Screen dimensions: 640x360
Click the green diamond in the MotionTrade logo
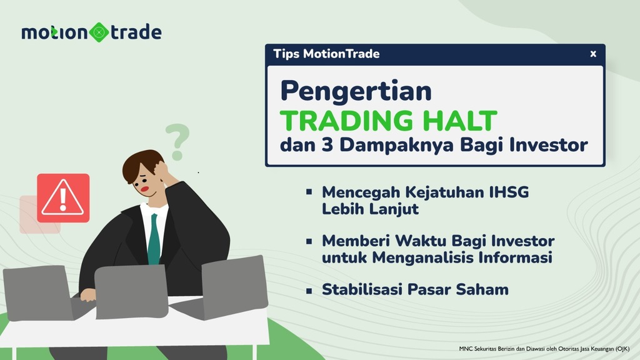99,32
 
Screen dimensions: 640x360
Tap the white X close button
593,54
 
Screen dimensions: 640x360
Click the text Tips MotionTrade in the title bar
326,54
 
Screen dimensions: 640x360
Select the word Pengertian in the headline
356,92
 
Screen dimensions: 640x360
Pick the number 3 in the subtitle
327,144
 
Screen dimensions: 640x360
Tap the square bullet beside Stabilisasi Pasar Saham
309,291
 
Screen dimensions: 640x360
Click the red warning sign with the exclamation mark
63,198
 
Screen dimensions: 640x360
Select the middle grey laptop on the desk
132,291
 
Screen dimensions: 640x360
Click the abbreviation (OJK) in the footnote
622,349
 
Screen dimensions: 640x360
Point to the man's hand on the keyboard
88,295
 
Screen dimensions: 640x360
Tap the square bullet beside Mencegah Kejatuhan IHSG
309,191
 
